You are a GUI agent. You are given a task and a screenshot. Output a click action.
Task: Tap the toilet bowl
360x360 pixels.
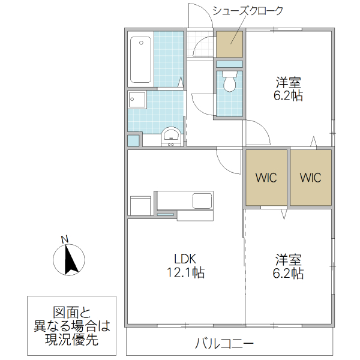coord(229,82)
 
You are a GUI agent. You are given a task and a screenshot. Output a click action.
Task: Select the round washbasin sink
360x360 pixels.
coord(171,136)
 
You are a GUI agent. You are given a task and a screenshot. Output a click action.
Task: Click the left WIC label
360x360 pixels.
coord(266,178)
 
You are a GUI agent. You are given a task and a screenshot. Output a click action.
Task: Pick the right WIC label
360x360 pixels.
coord(311,178)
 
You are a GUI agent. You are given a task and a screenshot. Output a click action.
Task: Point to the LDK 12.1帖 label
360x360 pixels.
coord(189,266)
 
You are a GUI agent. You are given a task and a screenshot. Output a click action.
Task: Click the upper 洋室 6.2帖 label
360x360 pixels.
coord(289,88)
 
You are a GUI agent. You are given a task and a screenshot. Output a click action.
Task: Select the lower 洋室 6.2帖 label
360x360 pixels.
coord(289,267)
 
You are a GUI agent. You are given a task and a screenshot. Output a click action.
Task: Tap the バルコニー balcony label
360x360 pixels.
coord(224,344)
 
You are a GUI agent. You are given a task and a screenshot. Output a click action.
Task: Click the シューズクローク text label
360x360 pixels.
coord(248,11)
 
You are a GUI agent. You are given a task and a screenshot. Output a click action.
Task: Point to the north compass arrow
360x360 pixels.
coord(70,260)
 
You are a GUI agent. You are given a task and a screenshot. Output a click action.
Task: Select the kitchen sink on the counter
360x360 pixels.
coord(201,200)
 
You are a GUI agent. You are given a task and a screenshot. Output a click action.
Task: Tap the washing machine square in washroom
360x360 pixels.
coord(137,99)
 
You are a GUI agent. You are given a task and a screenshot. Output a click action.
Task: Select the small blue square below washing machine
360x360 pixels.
coord(133,140)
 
